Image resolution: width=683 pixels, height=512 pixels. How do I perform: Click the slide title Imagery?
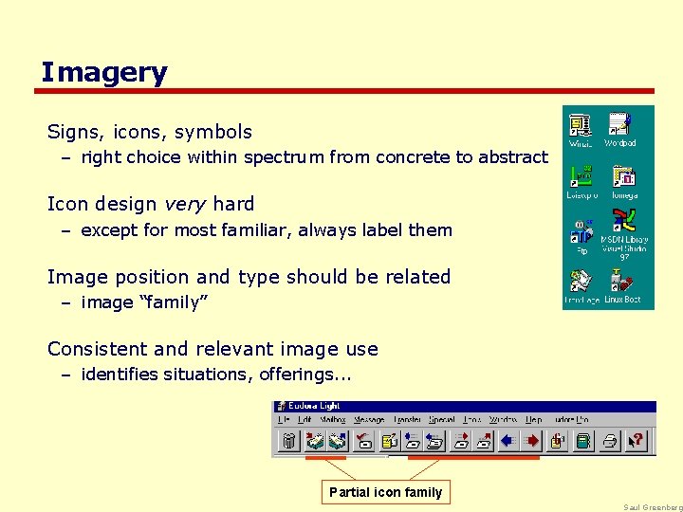coord(103,72)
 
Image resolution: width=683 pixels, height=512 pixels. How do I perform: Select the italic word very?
coord(180,204)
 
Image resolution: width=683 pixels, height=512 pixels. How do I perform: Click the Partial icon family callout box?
coord(385,492)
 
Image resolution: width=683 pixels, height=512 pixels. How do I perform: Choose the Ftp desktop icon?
coord(581,235)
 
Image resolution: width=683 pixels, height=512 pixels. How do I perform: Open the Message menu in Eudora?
coord(369,419)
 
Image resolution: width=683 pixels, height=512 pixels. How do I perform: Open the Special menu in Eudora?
coord(442,419)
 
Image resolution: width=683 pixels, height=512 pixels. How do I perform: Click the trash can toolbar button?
coord(290,440)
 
